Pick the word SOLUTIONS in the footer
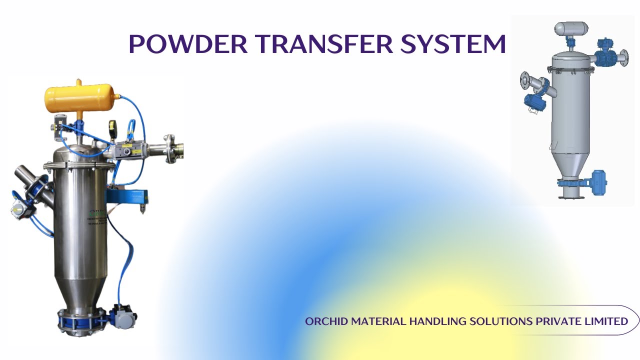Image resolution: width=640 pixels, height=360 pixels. (501, 321)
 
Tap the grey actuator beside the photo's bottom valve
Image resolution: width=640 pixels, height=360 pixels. (122, 315)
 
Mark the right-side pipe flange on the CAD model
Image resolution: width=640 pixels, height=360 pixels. (623, 57)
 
